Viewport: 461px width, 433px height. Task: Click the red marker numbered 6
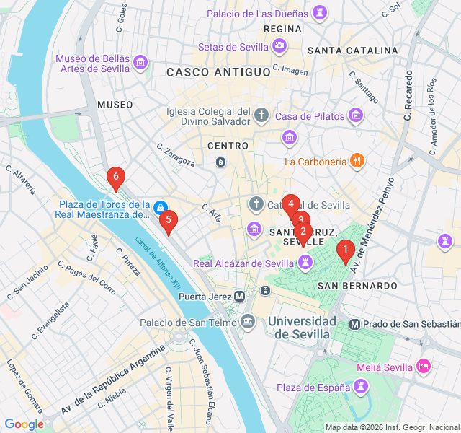tap(115, 177)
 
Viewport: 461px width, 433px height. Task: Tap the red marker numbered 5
tap(168, 220)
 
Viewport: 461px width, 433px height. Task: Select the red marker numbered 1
tap(346, 250)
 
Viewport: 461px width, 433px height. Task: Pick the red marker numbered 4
tap(290, 204)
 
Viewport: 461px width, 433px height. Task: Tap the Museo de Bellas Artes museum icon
tap(140, 64)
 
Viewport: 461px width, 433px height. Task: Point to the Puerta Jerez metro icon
tap(240, 296)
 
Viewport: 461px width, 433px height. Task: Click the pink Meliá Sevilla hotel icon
tap(424, 367)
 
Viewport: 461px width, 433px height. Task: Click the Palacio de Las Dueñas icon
tap(318, 13)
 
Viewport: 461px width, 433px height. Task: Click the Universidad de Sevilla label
tap(301, 327)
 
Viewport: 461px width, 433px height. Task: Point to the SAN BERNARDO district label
tap(352, 286)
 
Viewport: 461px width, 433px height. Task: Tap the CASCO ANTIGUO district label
tap(218, 72)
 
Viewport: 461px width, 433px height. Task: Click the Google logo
tap(24, 424)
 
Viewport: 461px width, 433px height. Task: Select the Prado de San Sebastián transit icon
tap(354, 324)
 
